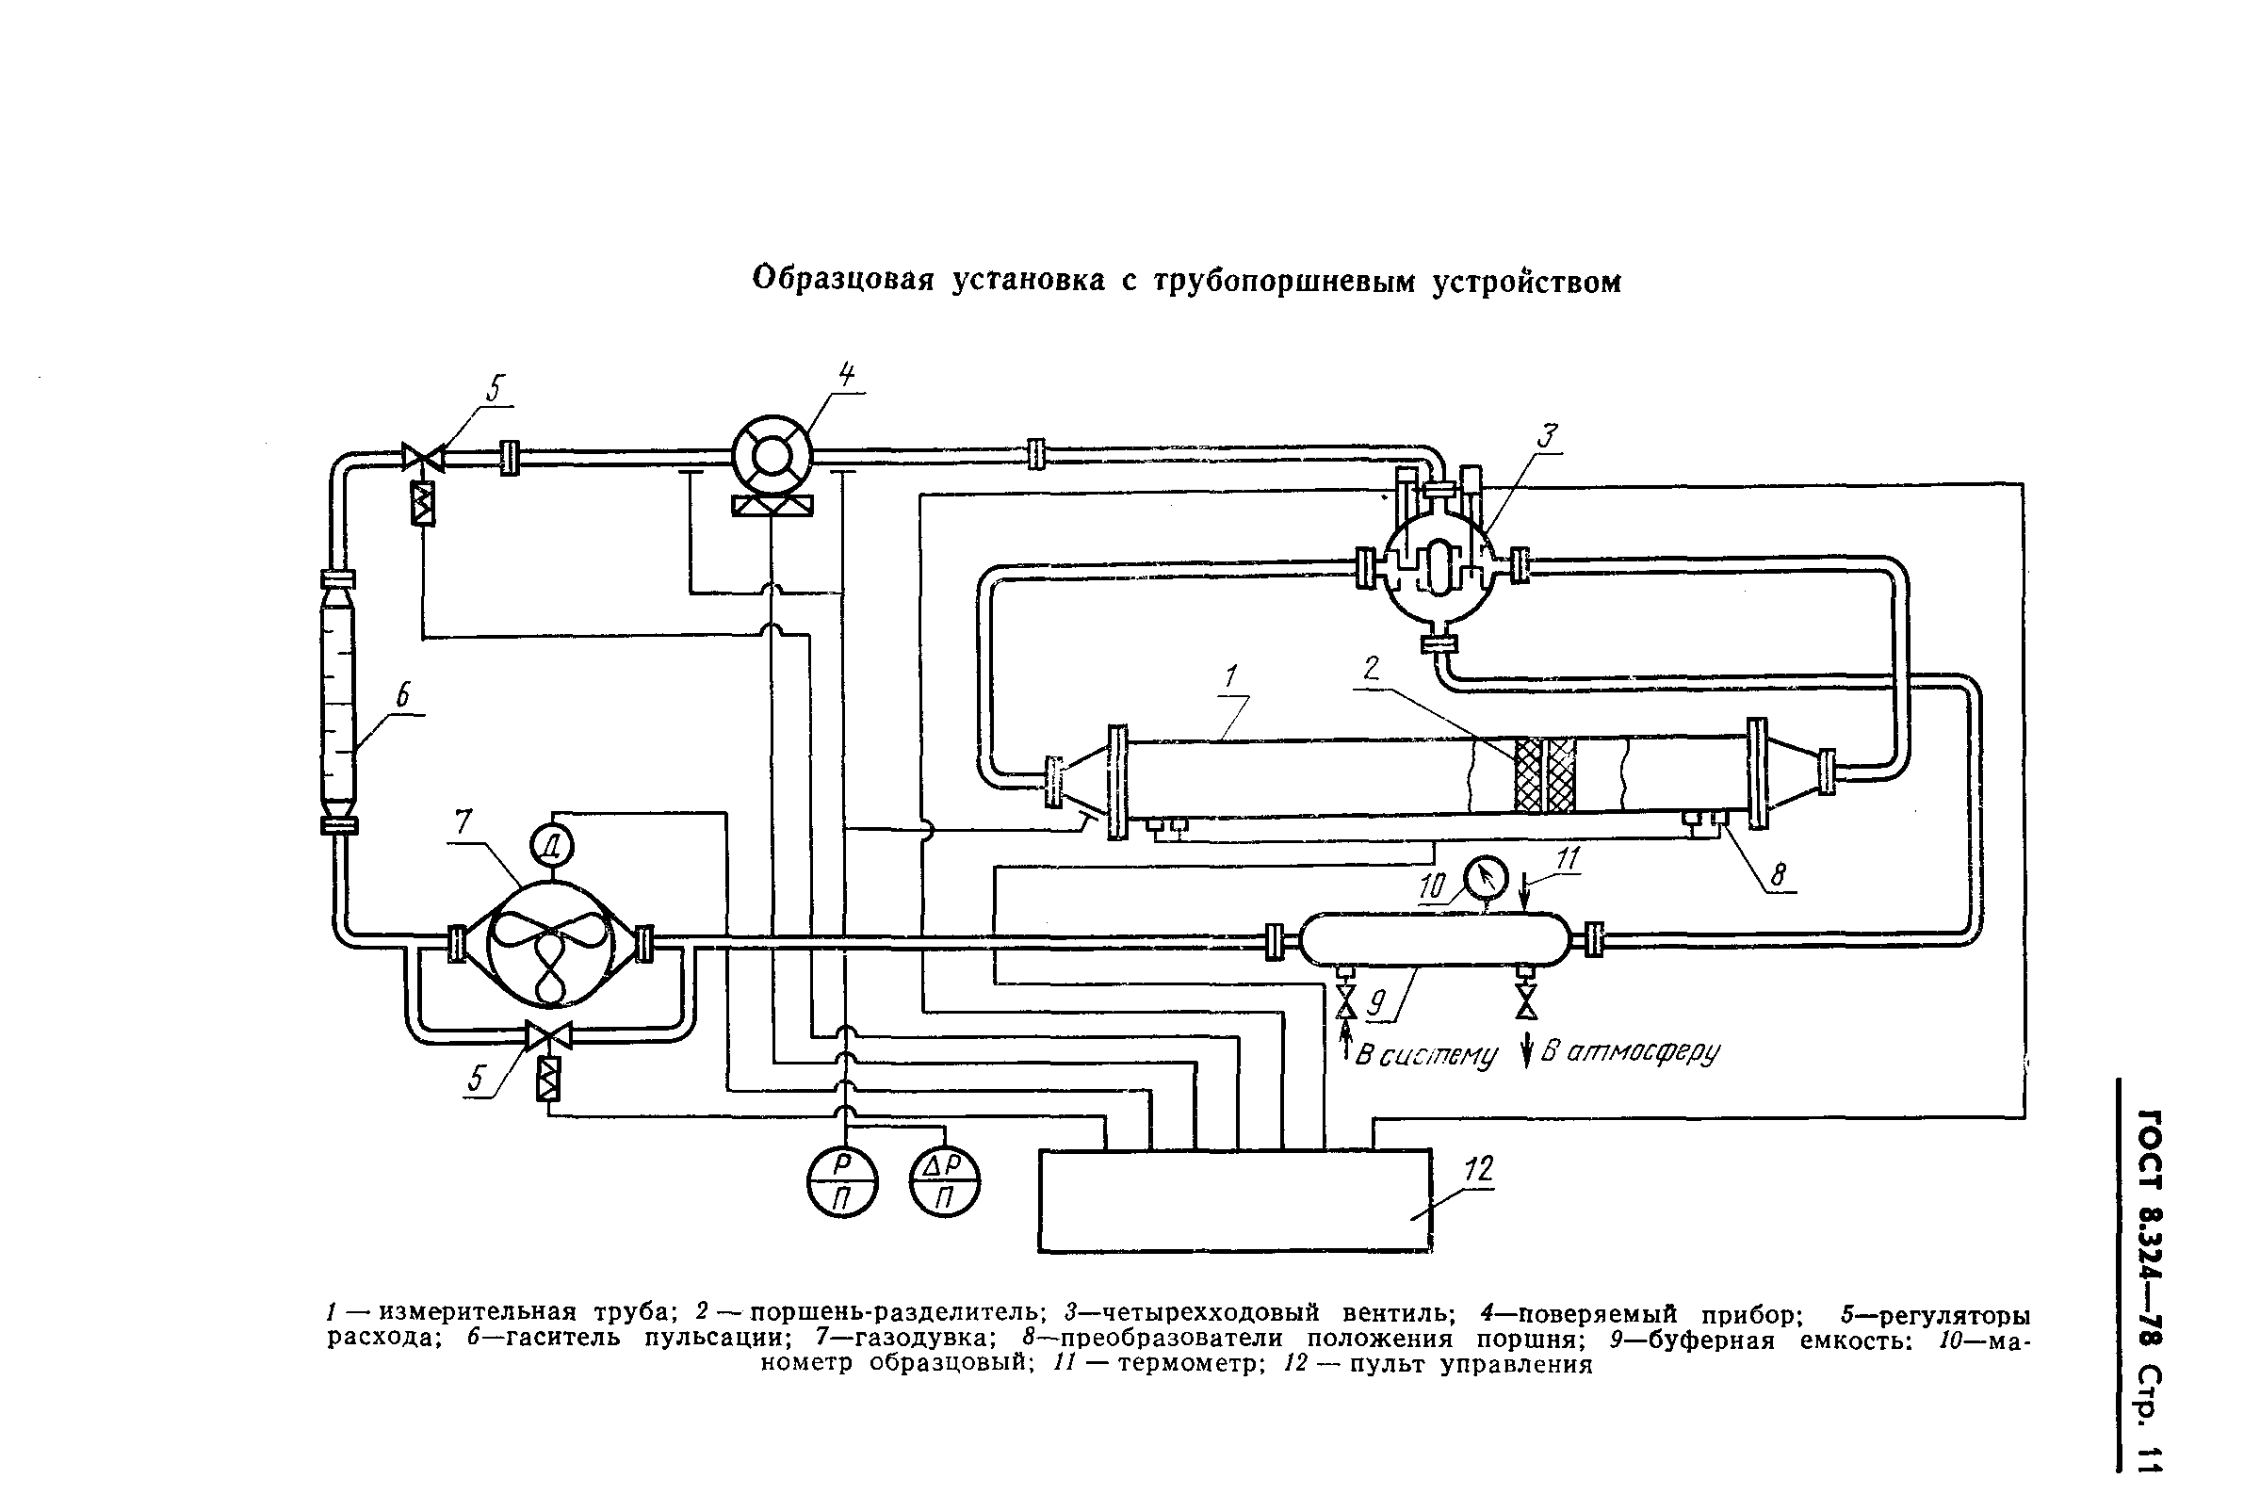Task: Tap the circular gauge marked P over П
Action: tap(843, 1182)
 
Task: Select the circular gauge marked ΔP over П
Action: tap(945, 1182)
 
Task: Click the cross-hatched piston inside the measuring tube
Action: tap(1545, 775)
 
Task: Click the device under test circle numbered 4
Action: tap(771, 459)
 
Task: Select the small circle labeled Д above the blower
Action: tap(552, 847)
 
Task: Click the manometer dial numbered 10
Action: tap(1484, 877)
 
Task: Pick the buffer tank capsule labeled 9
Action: tap(1433, 939)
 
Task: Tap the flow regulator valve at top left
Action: tap(422, 458)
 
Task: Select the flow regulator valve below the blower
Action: tap(548, 1036)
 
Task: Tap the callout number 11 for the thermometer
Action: tap(1568, 858)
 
